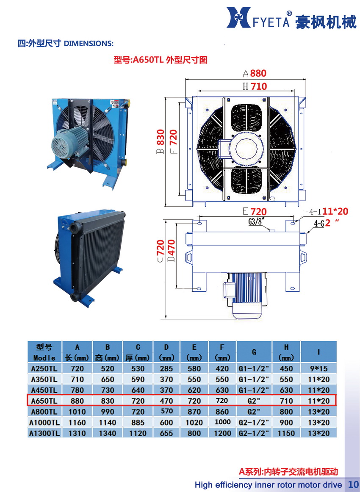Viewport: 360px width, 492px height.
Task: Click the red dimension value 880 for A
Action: (x=258, y=73)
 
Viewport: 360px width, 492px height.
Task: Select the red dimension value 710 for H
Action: (x=258, y=87)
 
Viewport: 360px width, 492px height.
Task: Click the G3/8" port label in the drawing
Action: (x=257, y=220)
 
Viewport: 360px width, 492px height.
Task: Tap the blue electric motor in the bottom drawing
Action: (x=247, y=294)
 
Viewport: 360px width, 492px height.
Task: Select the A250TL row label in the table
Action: (x=44, y=368)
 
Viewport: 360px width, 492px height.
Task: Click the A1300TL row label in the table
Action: (x=44, y=433)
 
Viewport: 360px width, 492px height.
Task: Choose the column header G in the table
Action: (x=254, y=352)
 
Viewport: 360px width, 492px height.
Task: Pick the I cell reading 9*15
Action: (x=318, y=368)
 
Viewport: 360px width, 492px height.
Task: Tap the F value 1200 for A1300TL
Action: (x=223, y=433)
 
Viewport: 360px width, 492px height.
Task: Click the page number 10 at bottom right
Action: (x=353, y=484)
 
